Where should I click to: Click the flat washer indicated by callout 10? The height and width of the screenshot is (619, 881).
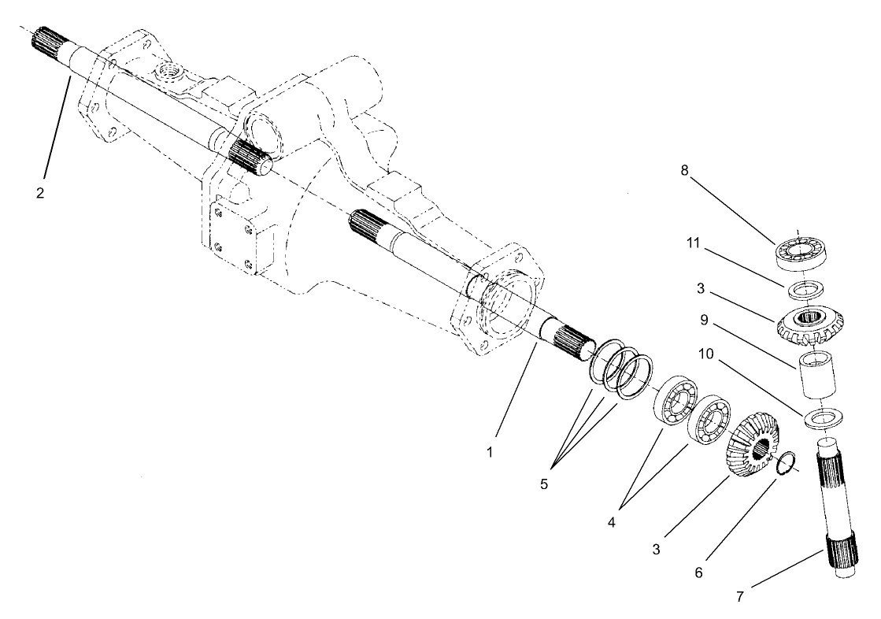pos(820,419)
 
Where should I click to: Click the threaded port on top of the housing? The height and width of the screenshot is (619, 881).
pos(170,75)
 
